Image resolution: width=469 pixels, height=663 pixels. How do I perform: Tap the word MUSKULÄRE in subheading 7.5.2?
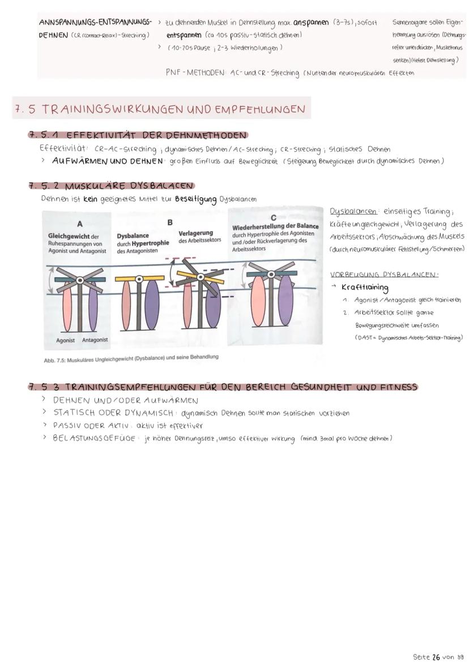point(93,186)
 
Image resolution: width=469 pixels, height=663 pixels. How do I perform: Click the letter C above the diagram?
point(273,217)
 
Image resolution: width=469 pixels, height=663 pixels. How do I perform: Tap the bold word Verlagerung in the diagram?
point(195,233)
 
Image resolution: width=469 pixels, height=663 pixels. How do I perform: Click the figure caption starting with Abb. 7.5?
point(131,357)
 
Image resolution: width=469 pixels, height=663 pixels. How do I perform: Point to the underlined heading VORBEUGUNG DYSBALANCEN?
point(383,275)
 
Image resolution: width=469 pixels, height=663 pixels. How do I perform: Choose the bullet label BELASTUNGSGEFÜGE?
point(93,438)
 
